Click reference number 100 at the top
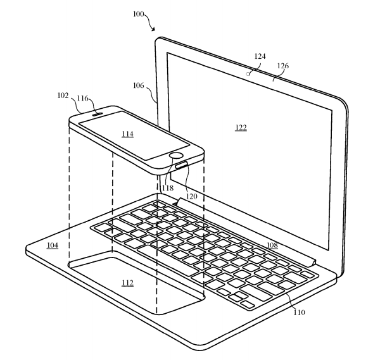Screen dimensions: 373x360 pyautogui.click(x=138, y=14)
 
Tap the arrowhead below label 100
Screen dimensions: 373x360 pyautogui.click(x=153, y=29)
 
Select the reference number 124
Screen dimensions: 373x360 pyautogui.click(x=260, y=56)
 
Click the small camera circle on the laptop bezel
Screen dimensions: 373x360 pyautogui.click(x=248, y=74)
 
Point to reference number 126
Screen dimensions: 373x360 pyautogui.click(x=283, y=66)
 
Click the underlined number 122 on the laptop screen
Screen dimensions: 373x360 pyautogui.click(x=241, y=128)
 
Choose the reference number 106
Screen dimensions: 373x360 pyautogui.click(x=138, y=85)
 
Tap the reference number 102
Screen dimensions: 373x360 pyautogui.click(x=63, y=96)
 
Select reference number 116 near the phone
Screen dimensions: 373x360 pyautogui.click(x=82, y=98)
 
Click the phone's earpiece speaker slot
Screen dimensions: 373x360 pyautogui.click(x=98, y=115)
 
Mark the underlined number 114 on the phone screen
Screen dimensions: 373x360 pyautogui.click(x=127, y=134)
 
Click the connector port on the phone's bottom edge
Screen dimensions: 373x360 pyautogui.click(x=182, y=164)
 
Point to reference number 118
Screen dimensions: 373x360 pyautogui.click(x=168, y=188)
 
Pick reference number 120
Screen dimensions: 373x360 pyautogui.click(x=191, y=196)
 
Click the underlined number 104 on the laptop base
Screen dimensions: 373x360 pyautogui.click(x=53, y=245)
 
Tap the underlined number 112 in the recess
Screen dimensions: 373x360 pyautogui.click(x=127, y=283)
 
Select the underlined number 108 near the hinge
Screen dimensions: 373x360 pyautogui.click(x=272, y=245)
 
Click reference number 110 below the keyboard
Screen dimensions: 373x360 pyautogui.click(x=299, y=312)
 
